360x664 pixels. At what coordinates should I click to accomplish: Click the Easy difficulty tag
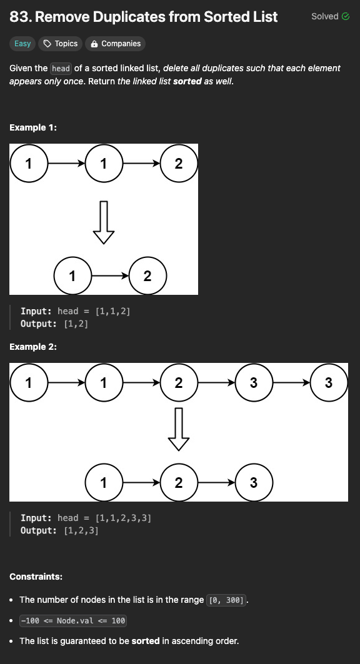22,44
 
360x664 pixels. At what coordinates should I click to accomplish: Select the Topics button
61,44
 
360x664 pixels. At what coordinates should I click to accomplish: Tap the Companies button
115,44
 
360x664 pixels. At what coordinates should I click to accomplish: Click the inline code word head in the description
61,68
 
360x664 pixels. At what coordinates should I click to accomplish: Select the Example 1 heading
33,127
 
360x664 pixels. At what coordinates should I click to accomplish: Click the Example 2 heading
33,347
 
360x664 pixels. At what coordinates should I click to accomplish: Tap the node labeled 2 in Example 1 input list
179,164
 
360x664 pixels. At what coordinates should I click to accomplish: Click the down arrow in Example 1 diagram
104,222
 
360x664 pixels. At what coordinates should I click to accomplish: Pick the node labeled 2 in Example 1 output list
147,275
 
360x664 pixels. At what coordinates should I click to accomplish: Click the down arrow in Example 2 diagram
179,429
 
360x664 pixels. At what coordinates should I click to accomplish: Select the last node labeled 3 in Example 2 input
329,382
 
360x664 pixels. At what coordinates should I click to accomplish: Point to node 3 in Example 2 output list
254,482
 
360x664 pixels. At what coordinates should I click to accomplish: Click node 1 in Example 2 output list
104,482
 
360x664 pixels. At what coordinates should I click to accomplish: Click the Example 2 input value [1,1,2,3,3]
123,518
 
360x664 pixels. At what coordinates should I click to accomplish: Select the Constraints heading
36,577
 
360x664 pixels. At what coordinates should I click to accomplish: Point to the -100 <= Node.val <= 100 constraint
73,620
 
